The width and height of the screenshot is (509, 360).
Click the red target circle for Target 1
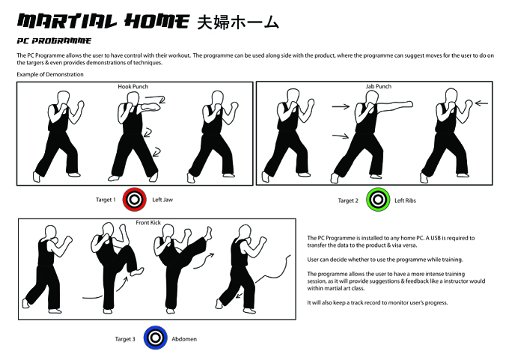tap(135, 199)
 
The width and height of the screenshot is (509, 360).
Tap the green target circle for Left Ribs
tap(378, 200)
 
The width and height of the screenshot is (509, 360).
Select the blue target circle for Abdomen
tap(156, 338)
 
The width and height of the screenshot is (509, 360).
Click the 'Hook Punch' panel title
tap(132, 87)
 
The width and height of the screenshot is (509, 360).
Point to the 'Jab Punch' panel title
tap(379, 86)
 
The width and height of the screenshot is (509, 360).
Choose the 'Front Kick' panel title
tap(148, 223)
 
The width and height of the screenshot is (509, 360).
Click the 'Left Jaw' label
tap(162, 200)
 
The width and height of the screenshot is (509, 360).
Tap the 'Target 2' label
tap(348, 201)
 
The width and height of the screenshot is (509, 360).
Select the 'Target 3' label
tap(125, 339)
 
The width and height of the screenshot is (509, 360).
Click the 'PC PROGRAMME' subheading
tap(54, 40)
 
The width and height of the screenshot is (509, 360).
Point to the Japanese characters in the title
tap(238, 22)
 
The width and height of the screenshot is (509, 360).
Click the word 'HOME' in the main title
tap(156, 21)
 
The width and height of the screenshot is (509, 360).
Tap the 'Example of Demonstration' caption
tap(50, 74)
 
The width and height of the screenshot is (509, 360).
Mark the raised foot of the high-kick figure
tap(208, 233)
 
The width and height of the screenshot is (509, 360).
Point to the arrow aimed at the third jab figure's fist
tap(481, 103)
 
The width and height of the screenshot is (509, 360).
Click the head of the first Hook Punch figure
tap(64, 98)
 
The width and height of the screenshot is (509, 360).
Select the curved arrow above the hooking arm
tap(156, 98)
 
